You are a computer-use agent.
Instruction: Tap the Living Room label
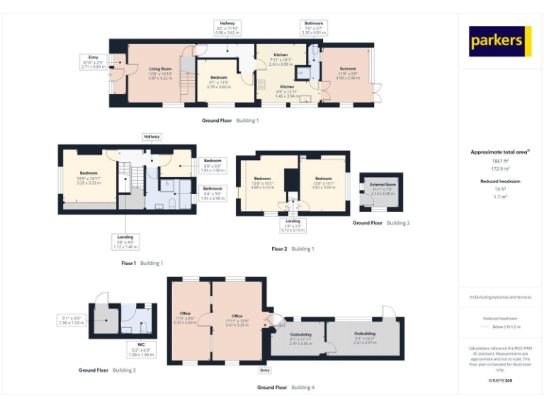tap(160, 69)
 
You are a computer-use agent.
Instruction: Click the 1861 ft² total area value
tap(501, 161)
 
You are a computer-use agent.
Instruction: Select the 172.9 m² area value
tap(501, 168)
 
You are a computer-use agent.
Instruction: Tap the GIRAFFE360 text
tap(500, 380)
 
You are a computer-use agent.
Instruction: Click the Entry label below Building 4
tap(265, 370)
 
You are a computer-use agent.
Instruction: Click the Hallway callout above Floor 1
tap(152, 136)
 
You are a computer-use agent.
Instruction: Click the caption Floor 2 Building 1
tap(293, 249)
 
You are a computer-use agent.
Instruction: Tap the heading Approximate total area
tap(500, 152)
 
